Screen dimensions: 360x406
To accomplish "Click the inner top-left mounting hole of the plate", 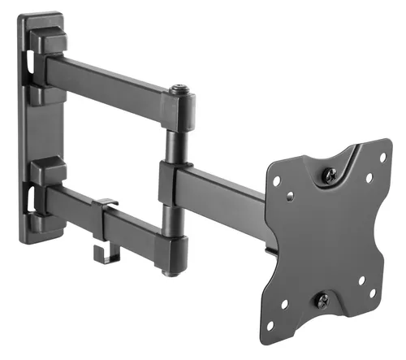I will tap(290, 193).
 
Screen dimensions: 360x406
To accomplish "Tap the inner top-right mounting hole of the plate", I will tap(369, 176).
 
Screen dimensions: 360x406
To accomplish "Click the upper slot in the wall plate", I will tap(31, 64).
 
